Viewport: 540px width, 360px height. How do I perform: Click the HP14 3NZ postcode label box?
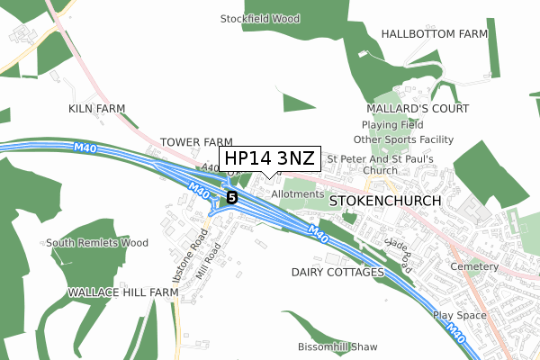point(269,159)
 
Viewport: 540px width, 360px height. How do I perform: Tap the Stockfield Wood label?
point(260,18)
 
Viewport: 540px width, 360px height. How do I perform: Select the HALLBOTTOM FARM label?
point(434,33)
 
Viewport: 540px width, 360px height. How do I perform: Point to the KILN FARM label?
point(97,108)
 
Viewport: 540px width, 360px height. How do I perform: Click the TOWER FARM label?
point(196,142)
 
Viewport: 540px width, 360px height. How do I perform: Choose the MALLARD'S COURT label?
point(418,108)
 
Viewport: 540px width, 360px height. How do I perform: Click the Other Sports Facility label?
point(403,140)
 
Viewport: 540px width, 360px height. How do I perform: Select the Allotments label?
point(296,193)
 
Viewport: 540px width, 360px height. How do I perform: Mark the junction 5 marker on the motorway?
point(232,196)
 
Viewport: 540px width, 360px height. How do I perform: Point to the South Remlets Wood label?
point(97,243)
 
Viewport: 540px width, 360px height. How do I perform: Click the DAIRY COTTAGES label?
point(337,272)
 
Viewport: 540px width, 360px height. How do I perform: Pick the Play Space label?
point(459,316)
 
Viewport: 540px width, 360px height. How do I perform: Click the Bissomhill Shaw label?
point(337,346)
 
